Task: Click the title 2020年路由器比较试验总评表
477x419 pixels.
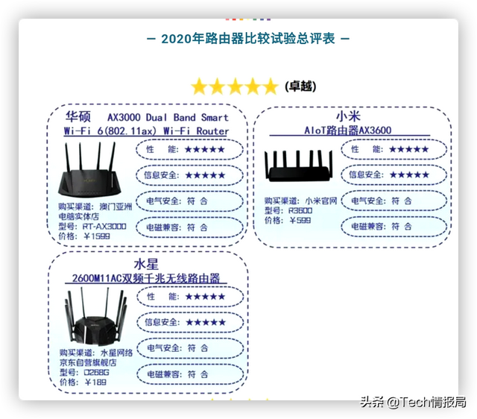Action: click(x=238, y=37)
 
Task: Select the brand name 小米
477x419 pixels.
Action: click(x=348, y=117)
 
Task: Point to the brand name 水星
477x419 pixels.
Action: click(x=146, y=264)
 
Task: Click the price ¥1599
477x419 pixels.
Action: click(x=98, y=236)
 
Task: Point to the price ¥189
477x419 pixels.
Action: click(x=95, y=382)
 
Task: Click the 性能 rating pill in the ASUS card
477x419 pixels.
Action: click(x=191, y=149)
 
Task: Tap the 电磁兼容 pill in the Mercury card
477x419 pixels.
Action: click(x=191, y=374)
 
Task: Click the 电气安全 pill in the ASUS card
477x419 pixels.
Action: click(x=191, y=201)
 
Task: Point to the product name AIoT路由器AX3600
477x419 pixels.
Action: click(x=347, y=130)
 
